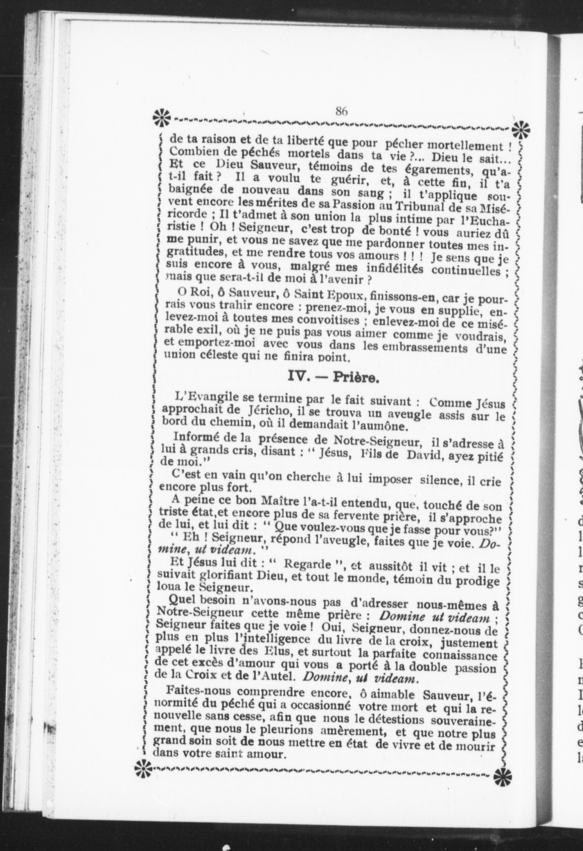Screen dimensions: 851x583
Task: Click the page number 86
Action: click(341, 111)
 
